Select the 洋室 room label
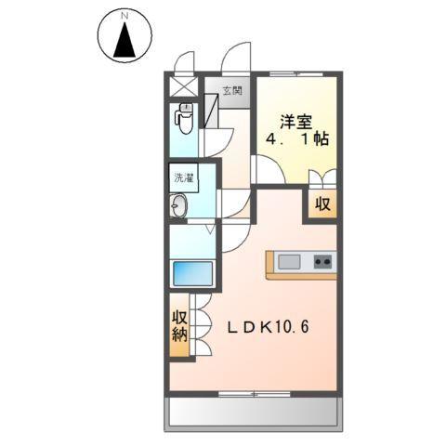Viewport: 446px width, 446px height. point(295,120)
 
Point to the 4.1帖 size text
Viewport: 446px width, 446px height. point(295,142)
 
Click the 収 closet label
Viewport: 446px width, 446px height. point(321,205)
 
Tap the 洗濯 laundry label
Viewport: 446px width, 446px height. point(182,176)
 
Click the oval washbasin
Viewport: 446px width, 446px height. point(179,205)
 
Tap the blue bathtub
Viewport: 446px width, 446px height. point(193,274)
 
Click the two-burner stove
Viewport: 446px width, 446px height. point(323,261)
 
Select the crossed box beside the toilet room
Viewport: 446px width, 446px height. point(182,85)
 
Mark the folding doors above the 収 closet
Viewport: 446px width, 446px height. point(321,181)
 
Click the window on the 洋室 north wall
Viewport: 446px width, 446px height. point(295,73)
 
